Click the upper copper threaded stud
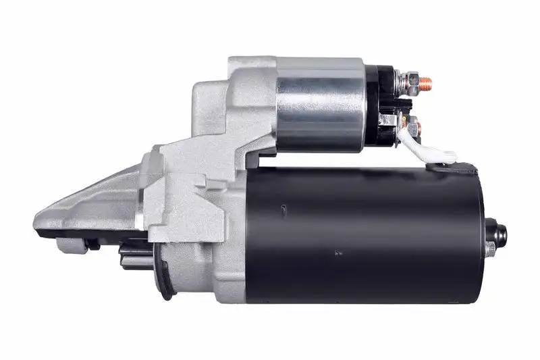[x=425, y=84]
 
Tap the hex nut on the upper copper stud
[x=412, y=84]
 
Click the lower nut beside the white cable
[x=414, y=126]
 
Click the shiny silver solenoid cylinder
[x=320, y=105]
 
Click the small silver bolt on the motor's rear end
[x=490, y=249]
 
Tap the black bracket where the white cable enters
[x=452, y=166]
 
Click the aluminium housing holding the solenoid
[x=243, y=101]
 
